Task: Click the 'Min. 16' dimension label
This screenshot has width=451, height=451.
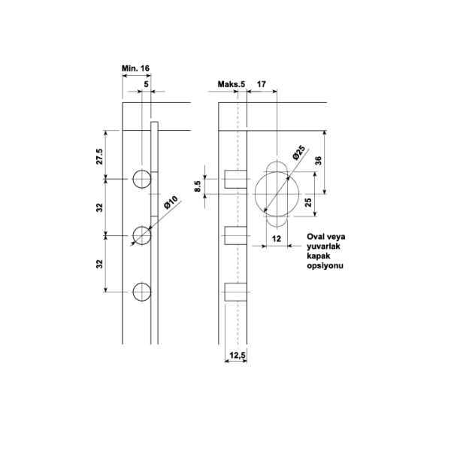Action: (135, 68)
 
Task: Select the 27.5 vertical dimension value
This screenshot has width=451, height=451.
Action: (99, 156)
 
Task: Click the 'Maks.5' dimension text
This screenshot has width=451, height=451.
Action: (232, 84)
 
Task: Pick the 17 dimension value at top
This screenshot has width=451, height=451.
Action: (261, 84)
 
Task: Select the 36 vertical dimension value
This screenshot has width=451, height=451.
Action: (319, 161)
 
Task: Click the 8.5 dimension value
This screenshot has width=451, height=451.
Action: (197, 186)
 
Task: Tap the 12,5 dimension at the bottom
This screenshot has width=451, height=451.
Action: (238, 356)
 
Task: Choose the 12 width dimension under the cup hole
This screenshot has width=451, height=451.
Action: (276, 239)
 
